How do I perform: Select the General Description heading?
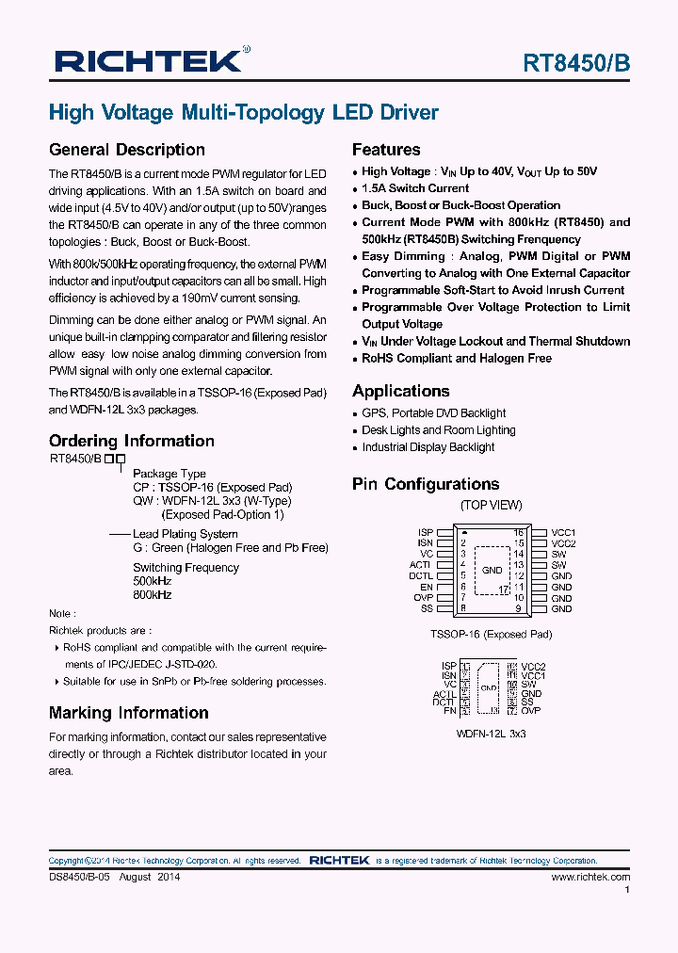[x=127, y=150]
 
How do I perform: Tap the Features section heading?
[x=386, y=150]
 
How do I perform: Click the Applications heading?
[x=401, y=391]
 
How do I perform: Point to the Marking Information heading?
[x=129, y=713]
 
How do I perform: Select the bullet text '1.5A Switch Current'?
[x=415, y=188]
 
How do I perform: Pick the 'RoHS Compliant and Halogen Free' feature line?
[x=457, y=359]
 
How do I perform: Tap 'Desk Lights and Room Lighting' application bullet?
[x=439, y=430]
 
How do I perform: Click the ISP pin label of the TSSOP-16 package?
[x=425, y=533]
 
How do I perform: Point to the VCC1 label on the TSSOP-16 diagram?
[x=563, y=533]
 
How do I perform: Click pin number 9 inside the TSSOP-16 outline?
[x=518, y=608]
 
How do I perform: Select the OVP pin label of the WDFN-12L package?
[x=531, y=711]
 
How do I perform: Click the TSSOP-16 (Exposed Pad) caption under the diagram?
[x=491, y=635]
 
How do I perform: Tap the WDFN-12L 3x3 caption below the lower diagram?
[x=491, y=733]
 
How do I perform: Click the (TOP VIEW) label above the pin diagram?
[x=491, y=506]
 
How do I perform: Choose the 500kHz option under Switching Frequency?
[x=152, y=582]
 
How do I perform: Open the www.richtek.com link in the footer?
[x=590, y=877]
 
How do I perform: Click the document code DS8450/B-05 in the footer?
[x=81, y=877]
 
